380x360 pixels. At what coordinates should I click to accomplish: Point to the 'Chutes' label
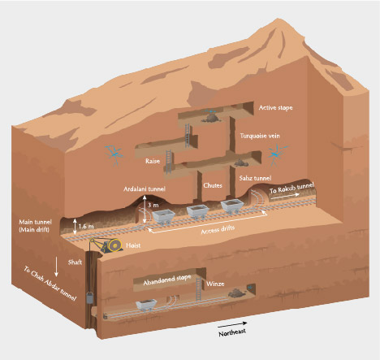pos(213,185)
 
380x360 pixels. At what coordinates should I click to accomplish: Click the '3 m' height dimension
pos(153,206)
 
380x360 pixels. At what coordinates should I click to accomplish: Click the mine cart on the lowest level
pos(145,305)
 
